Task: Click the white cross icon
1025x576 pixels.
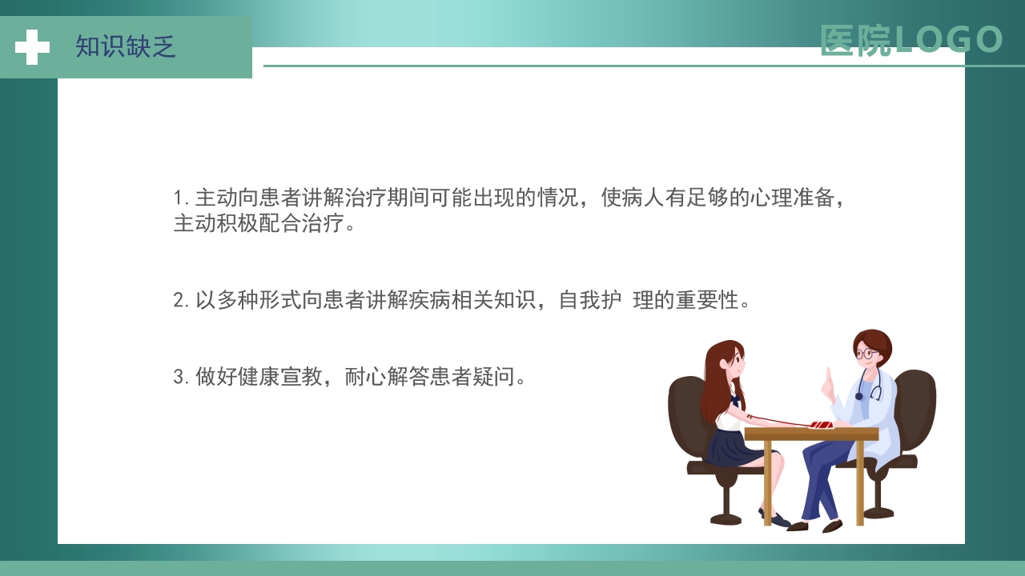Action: pyautogui.click(x=32, y=47)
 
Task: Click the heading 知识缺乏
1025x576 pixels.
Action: pyautogui.click(x=126, y=47)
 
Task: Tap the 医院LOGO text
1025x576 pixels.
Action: pyautogui.click(x=910, y=40)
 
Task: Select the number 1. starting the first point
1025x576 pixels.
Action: pyautogui.click(x=181, y=198)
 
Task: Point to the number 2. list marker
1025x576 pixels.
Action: pyautogui.click(x=182, y=301)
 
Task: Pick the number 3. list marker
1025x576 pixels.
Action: pyautogui.click(x=182, y=377)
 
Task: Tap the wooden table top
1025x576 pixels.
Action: pyautogui.click(x=810, y=434)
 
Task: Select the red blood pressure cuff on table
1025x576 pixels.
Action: pyautogui.click(x=822, y=425)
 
